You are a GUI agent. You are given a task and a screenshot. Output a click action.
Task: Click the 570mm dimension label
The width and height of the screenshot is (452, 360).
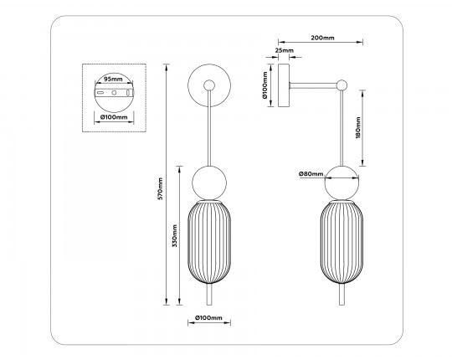[161, 188]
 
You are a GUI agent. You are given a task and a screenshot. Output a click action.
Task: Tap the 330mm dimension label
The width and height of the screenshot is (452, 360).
[174, 236]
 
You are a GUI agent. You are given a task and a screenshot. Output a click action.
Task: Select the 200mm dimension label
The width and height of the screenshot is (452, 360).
[322, 38]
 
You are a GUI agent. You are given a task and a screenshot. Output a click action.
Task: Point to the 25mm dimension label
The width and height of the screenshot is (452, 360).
[285, 50]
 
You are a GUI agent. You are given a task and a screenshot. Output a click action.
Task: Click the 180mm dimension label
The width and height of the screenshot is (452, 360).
[358, 128]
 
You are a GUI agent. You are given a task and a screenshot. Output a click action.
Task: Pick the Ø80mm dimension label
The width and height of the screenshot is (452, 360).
[311, 174]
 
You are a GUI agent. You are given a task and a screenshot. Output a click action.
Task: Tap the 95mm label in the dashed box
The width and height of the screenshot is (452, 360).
[113, 79]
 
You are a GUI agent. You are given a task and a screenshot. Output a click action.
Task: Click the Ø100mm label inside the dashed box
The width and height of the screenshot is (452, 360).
[114, 117]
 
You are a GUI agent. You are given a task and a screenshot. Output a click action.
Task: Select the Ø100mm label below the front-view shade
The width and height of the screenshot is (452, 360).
[208, 318]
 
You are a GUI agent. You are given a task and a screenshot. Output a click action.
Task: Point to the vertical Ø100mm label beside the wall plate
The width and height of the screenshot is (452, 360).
[265, 85]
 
